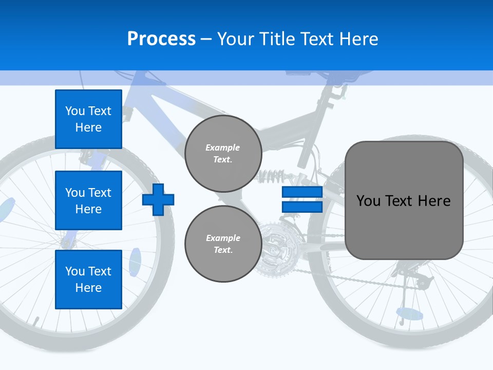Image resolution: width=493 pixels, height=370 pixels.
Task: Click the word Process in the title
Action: (161, 39)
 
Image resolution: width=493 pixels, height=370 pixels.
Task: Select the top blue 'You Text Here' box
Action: (88, 119)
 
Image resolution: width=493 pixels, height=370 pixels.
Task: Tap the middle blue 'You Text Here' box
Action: (88, 200)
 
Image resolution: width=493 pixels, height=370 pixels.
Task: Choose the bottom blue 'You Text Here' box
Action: (88, 280)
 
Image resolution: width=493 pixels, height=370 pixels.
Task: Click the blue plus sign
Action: (158, 199)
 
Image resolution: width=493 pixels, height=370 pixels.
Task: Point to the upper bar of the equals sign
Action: (302, 192)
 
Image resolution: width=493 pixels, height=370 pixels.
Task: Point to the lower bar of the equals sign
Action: (302, 207)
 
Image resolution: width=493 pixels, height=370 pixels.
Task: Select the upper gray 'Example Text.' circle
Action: (223, 154)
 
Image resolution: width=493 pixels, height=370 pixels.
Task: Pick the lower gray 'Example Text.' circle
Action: (223, 244)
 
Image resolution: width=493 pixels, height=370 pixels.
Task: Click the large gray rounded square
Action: (404, 200)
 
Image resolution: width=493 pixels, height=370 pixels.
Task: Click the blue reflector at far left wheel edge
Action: (7, 210)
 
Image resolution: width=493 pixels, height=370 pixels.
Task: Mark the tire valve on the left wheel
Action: (36, 322)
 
